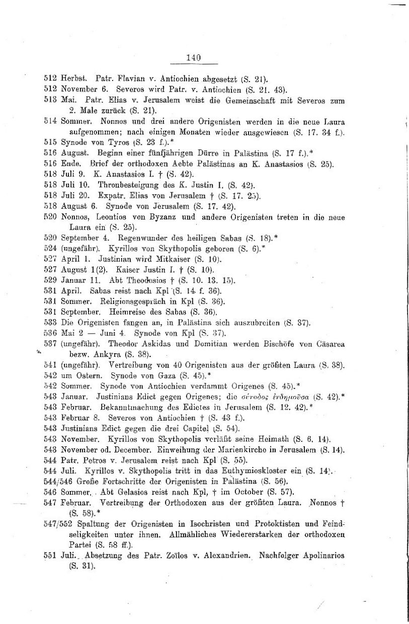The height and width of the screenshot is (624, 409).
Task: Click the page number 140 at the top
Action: (x=194, y=58)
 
